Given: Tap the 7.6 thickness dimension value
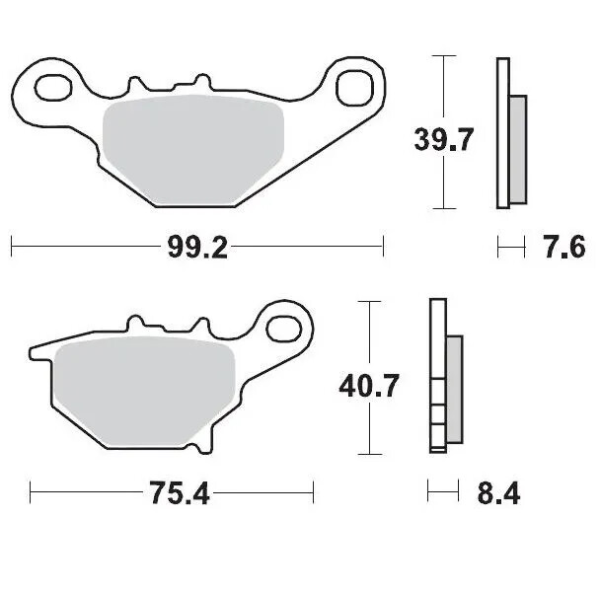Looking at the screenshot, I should coord(564,248).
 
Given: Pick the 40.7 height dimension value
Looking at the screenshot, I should coord(368,385).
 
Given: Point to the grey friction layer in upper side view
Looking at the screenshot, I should coord(518,145).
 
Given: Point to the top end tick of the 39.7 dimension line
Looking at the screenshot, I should coord(444,57).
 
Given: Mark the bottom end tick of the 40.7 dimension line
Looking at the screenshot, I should coord(368,454).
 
